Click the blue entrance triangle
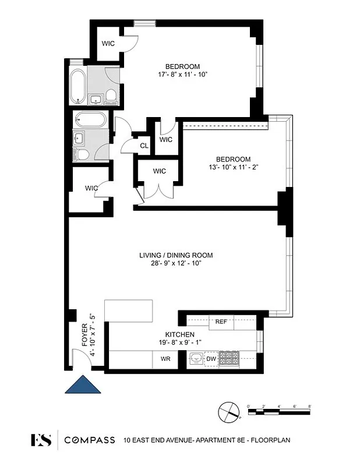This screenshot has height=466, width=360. pyautogui.click(x=83, y=386)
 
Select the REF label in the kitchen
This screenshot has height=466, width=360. pyautogui.click(x=221, y=321)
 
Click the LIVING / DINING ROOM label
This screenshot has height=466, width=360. pyautogui.click(x=175, y=255)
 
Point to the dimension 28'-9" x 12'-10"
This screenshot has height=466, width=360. pyautogui.click(x=175, y=263)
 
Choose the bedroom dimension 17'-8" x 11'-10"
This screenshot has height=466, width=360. pyautogui.click(x=182, y=74)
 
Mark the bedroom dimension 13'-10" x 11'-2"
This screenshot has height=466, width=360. pyautogui.click(x=233, y=167)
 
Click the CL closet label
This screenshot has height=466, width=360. pyautogui.click(x=144, y=146)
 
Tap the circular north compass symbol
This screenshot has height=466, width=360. pyautogui.click(x=228, y=412)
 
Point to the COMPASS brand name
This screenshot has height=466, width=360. pyautogui.click(x=89, y=440)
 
